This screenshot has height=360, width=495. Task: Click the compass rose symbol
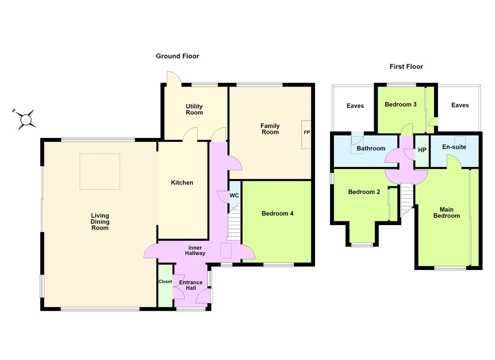tap(26, 120)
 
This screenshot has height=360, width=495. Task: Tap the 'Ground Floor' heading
tap(177, 56)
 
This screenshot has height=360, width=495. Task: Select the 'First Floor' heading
tap(406, 67)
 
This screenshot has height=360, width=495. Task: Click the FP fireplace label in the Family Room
tap(306, 133)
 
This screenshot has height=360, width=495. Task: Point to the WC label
tap(234, 195)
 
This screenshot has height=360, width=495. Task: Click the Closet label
tap(165, 282)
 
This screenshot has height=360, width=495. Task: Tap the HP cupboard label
tap(422, 150)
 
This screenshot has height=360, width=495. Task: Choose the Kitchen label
tap(182, 183)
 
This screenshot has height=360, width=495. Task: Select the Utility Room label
tap(194, 109)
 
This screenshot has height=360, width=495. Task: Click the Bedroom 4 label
tap(277, 214)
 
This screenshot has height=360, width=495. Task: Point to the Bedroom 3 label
tap(400, 105)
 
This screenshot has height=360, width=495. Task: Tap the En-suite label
tap(454, 147)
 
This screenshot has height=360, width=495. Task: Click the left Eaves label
tap(355, 106)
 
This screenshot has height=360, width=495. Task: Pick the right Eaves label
tap(460, 105)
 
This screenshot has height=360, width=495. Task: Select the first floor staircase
tap(407, 200)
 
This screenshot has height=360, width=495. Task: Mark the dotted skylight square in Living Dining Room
tap(100, 172)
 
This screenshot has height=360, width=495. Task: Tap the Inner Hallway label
tap(195, 251)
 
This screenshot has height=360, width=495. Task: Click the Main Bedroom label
tap(446, 213)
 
